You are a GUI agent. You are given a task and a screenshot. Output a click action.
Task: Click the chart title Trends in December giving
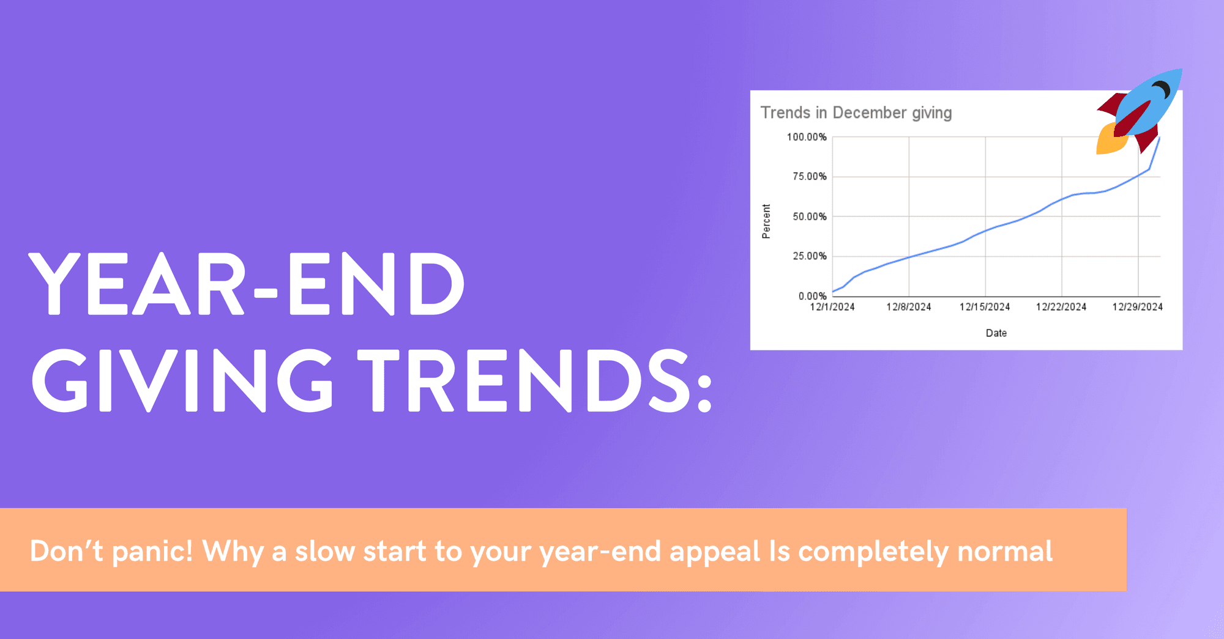click(x=856, y=113)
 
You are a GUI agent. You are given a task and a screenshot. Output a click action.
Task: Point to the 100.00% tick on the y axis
click(x=807, y=137)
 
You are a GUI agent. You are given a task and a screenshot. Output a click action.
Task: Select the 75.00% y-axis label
click(x=809, y=177)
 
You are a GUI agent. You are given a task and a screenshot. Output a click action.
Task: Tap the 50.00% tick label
click(x=809, y=216)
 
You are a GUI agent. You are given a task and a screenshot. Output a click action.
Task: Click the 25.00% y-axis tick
click(x=809, y=256)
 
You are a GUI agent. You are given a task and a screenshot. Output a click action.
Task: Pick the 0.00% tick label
click(x=812, y=296)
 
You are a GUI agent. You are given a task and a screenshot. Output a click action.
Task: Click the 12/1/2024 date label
click(x=832, y=307)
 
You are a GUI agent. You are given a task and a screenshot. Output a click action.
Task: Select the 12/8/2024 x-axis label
click(x=909, y=307)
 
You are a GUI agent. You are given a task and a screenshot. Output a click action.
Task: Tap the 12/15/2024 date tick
click(x=985, y=307)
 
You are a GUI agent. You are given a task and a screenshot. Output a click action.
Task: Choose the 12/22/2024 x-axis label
click(x=1061, y=307)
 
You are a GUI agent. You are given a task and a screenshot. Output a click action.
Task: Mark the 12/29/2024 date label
click(x=1137, y=307)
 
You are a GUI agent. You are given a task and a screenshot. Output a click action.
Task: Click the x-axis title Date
click(x=996, y=333)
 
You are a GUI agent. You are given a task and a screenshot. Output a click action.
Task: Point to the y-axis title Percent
click(x=766, y=221)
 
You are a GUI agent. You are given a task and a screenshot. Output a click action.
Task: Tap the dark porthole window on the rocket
click(x=1160, y=90)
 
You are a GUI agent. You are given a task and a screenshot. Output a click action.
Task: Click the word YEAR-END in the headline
click(x=246, y=284)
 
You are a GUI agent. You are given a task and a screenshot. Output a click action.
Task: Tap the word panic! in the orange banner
click(x=152, y=552)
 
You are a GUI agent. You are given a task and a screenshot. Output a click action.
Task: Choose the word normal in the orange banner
click(x=1004, y=552)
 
